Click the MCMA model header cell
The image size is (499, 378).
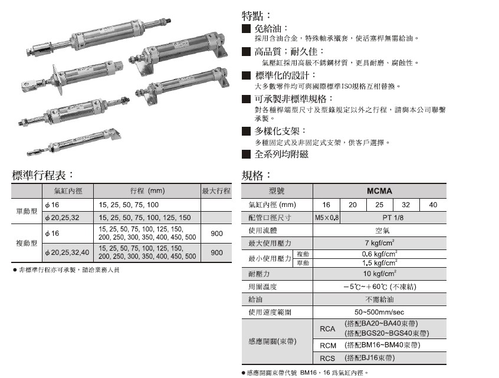pyautogui.click(x=379, y=191)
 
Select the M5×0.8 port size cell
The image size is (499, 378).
pyautogui.click(x=326, y=218)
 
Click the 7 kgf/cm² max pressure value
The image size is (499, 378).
pyautogui.click(x=379, y=243)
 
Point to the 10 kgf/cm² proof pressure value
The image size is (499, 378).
pyautogui.click(x=379, y=274)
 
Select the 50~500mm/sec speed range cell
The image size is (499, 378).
pyautogui.click(x=379, y=311)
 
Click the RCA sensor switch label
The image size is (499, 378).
pyautogui.click(x=327, y=329)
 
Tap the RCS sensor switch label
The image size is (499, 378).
pyautogui.click(x=327, y=358)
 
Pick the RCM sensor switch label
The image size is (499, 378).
pyautogui.click(x=327, y=345)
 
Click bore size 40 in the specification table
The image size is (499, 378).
pyautogui.click(x=433, y=205)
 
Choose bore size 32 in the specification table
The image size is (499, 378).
pyautogui.click(x=406, y=205)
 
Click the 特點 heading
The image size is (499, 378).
pyautogui.click(x=257, y=15)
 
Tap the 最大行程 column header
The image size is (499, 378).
pyautogui.click(x=216, y=191)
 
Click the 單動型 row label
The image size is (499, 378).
pyautogui.click(x=27, y=211)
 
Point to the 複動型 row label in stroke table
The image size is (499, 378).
pyautogui.click(x=27, y=243)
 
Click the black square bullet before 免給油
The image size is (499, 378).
pyautogui.click(x=247, y=28)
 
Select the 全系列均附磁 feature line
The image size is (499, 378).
pyautogui.click(x=281, y=155)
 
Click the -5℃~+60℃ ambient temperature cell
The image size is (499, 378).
pyautogui.click(x=379, y=287)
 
